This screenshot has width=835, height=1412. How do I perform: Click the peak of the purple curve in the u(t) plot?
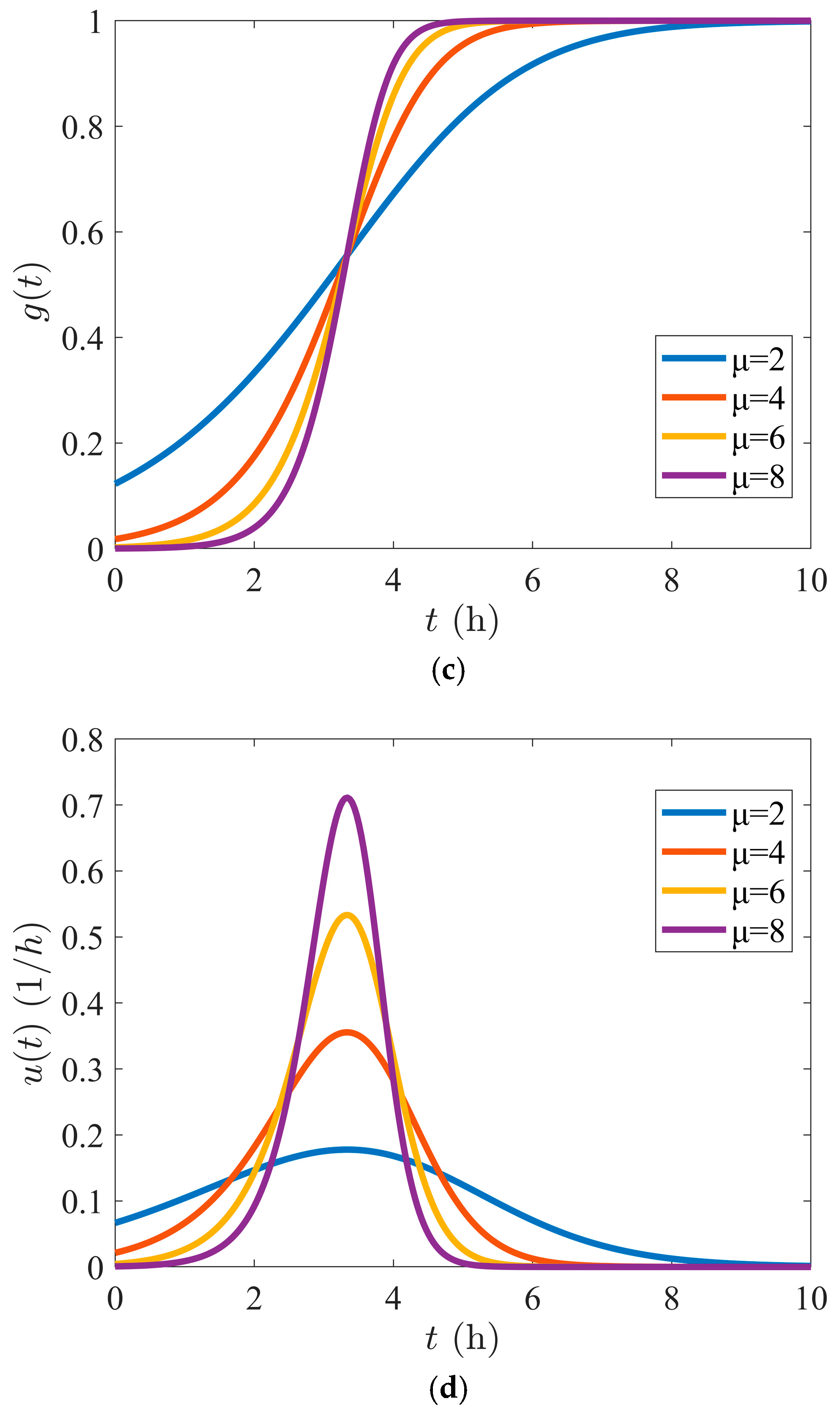click(347, 797)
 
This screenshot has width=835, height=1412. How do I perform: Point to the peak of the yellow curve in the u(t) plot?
click(347, 914)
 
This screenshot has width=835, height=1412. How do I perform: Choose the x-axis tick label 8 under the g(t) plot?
click(671, 581)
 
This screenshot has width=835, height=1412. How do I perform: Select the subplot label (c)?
click(449, 671)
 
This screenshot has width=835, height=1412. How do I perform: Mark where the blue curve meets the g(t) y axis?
click(116, 483)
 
